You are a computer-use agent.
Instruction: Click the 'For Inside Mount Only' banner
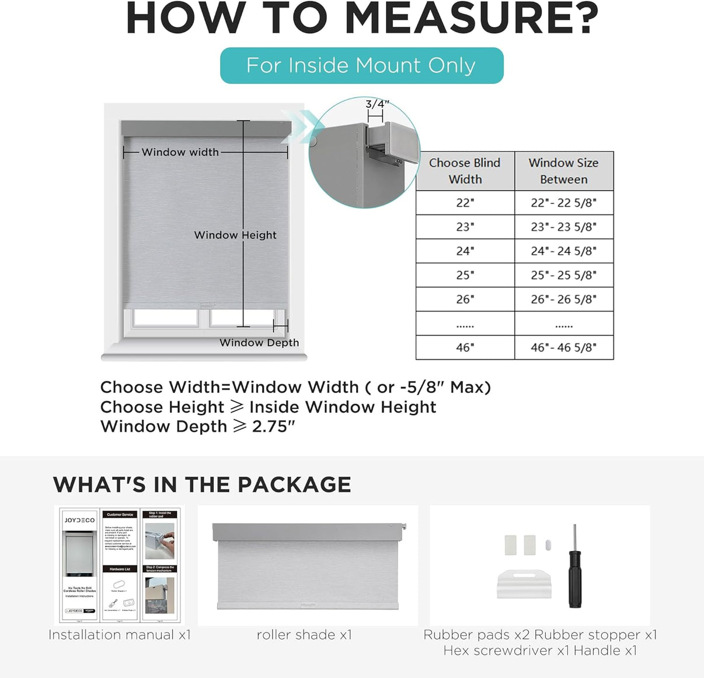pos(361,65)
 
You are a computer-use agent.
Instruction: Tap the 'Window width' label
pos(180,152)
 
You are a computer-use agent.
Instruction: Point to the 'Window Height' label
pos(235,235)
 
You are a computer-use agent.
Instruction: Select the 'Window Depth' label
pos(259,343)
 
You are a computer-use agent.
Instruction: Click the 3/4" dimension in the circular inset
pos(377,104)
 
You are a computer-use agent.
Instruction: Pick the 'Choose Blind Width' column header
pos(465,171)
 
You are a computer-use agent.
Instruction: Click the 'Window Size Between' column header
pos(563,171)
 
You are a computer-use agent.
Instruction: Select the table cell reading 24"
pos(465,251)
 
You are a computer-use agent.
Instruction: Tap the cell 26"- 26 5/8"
pos(563,299)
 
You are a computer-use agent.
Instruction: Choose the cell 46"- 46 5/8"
pos(563,347)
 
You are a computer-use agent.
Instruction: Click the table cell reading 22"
pos(465,203)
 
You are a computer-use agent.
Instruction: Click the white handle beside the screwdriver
pos(524,584)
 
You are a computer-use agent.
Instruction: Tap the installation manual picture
pos(120,565)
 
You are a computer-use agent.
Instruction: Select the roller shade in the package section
pos(308,565)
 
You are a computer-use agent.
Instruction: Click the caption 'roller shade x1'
pos(304,635)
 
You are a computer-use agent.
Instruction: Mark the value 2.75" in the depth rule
pos(273,427)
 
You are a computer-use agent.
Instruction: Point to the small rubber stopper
pos(548,545)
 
